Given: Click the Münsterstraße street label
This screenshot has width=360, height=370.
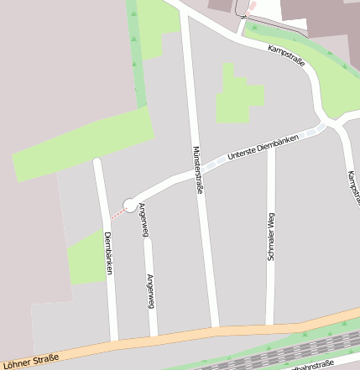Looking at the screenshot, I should click(x=199, y=169).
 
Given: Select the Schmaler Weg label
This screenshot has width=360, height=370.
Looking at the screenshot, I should click(x=271, y=237).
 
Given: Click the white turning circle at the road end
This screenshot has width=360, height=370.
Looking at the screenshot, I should click(x=130, y=204).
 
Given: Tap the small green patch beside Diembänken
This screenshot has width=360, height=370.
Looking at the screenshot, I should click(x=86, y=259).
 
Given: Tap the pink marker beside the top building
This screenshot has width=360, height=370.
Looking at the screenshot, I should click(x=250, y=7).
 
